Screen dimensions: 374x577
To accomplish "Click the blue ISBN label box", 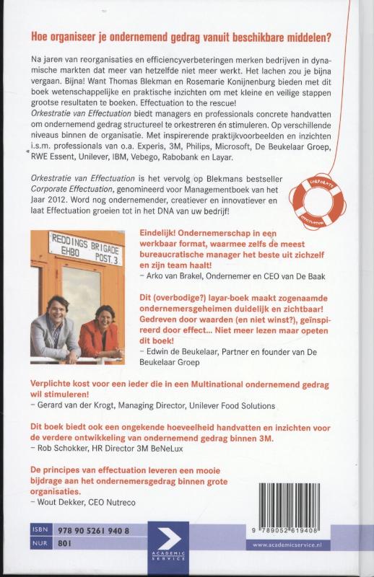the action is (39, 530).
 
